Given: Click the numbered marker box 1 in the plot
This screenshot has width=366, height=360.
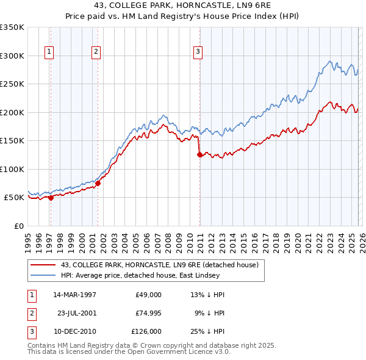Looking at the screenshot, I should coord(49,52).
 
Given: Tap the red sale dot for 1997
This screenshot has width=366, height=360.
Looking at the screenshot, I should coord(51,198).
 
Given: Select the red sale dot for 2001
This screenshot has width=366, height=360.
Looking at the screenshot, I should coord(98,183).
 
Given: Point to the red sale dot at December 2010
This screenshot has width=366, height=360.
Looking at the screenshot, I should coord(199,155).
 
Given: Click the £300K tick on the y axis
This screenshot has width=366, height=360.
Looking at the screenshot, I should coord(12,56).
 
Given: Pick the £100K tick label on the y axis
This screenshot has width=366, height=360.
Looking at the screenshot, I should coord(12,169).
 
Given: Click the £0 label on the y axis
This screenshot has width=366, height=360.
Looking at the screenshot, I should coord(18,226).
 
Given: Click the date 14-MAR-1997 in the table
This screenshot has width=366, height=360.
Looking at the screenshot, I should coord(74,295).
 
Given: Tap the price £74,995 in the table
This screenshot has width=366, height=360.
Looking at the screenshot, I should coord(148,313).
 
